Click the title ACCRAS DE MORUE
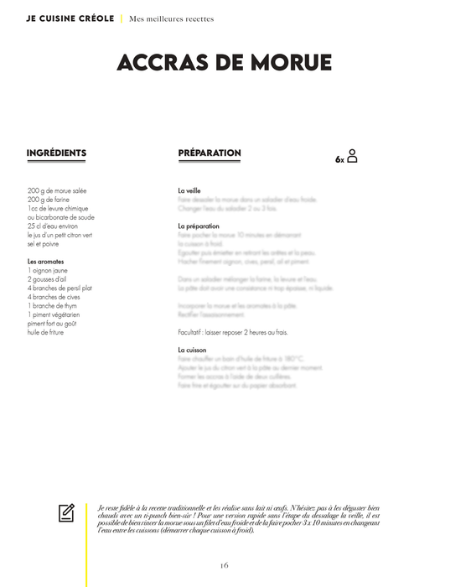(x=225, y=63)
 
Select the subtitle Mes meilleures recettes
(x=171, y=18)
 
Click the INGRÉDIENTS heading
(x=56, y=153)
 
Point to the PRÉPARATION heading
(x=210, y=153)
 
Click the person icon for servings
(x=352, y=156)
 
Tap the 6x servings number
(x=339, y=159)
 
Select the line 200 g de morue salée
(x=57, y=191)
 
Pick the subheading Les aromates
(x=46, y=262)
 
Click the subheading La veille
(x=189, y=191)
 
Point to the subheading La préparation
(x=199, y=226)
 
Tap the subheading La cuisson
(x=192, y=350)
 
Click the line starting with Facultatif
(x=233, y=332)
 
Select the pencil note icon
(x=67, y=512)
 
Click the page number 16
(x=225, y=565)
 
